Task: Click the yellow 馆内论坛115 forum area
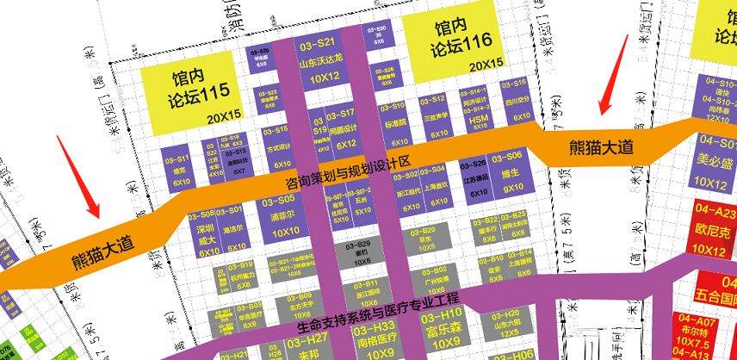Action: click(x=189, y=91)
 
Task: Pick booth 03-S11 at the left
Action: click(x=182, y=170)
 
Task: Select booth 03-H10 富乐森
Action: click(x=445, y=326)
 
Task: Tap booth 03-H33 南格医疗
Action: click(x=375, y=337)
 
